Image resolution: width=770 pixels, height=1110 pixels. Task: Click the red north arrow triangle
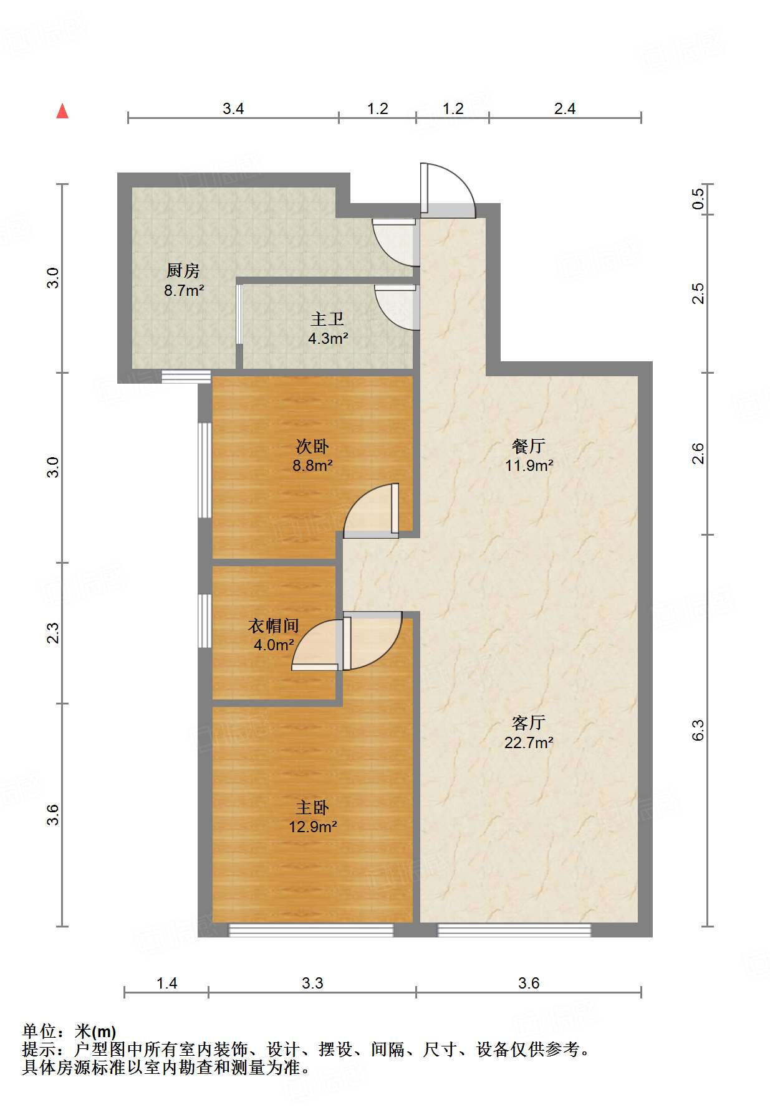(x=62, y=111)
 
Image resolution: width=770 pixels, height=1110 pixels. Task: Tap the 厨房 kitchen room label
(x=183, y=271)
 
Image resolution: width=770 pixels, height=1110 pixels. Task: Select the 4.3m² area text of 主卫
(x=328, y=339)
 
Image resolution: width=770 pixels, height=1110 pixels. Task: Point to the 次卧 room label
(x=312, y=447)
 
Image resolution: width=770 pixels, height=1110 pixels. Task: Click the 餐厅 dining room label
(x=529, y=446)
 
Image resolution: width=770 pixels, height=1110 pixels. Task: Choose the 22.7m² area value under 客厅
(x=529, y=742)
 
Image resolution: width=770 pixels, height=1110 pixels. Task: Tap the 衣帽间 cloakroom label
(x=274, y=625)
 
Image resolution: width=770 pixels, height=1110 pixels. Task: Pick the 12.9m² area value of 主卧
(x=312, y=827)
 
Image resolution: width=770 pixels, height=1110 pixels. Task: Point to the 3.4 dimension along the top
(x=233, y=108)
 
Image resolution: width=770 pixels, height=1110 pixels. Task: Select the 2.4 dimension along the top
(x=565, y=108)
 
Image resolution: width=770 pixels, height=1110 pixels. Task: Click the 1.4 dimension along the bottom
(x=166, y=983)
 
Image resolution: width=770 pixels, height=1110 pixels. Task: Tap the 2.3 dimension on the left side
(x=54, y=633)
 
